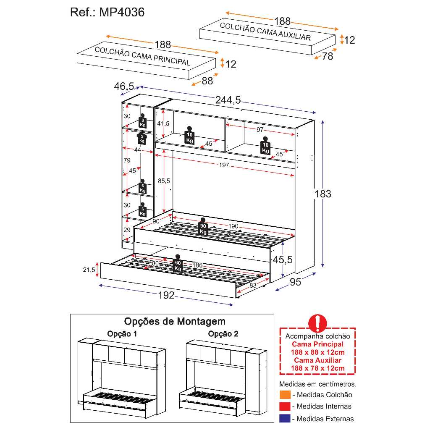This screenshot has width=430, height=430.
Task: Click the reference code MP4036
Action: [x=122, y=13]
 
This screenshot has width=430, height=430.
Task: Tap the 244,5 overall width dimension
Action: [x=228, y=100]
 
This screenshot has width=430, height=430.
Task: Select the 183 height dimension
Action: [x=323, y=194]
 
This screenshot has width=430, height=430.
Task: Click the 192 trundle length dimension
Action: [x=166, y=295]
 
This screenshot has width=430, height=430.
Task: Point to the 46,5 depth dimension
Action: [x=124, y=87]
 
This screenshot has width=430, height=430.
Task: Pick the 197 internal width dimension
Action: [x=224, y=165]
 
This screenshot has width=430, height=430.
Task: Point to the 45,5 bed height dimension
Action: [x=283, y=260]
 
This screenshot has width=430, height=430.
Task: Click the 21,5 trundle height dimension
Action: [x=89, y=270]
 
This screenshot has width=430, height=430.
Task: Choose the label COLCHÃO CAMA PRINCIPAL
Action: [x=142, y=56]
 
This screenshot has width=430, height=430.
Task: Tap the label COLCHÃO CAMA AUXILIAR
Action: [x=265, y=31]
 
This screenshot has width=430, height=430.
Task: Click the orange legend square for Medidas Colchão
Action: [x=285, y=395]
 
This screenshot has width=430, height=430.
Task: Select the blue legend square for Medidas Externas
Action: [x=285, y=418]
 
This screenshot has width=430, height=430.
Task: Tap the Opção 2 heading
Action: [x=223, y=334]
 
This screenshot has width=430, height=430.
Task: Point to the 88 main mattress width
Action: [x=207, y=81]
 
